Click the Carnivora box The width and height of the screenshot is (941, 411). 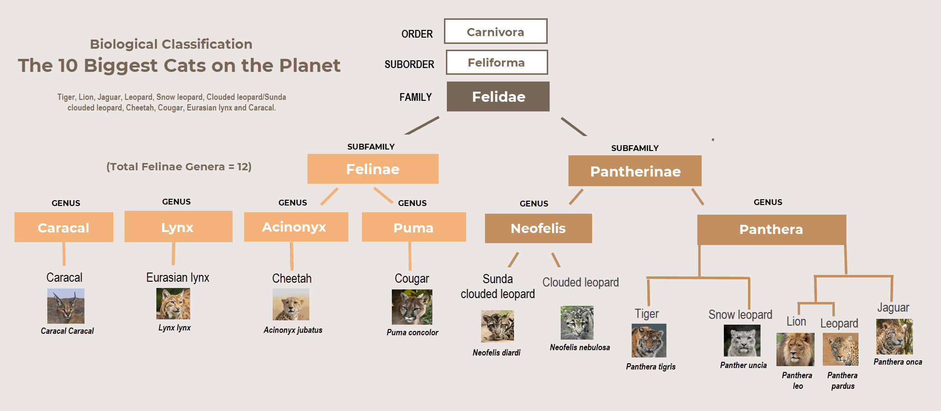pyautogui.click(x=496, y=32)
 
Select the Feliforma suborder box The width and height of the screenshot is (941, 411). pyautogui.click(x=497, y=63)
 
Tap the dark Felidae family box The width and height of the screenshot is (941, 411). pyautogui.click(x=498, y=96)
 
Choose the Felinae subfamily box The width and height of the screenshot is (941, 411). pyautogui.click(x=373, y=169)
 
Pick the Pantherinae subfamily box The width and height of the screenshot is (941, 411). pyautogui.click(x=635, y=171)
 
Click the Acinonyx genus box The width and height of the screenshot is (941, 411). pyautogui.click(x=296, y=227)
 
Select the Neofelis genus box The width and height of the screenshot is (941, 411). pyautogui.click(x=538, y=228)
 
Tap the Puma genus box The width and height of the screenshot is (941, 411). pyautogui.click(x=414, y=227)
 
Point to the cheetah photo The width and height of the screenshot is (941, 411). pyautogui.click(x=291, y=304)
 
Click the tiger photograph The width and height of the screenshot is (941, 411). pyautogui.click(x=649, y=341)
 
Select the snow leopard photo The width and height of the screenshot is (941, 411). pyautogui.click(x=742, y=340)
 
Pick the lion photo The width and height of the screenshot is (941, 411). pyautogui.click(x=795, y=349)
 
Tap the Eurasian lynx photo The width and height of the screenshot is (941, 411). pyautogui.click(x=173, y=303)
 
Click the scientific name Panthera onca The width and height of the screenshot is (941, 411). pyautogui.click(x=898, y=362)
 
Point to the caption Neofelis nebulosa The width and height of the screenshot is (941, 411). pyautogui.click(x=580, y=347)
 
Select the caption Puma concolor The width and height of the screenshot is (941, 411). pyautogui.click(x=412, y=332)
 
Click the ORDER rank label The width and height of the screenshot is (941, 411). pyautogui.click(x=417, y=34)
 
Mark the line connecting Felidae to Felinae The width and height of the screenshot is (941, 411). pyautogui.click(x=422, y=125)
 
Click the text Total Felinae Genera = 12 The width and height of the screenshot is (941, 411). pyautogui.click(x=179, y=167)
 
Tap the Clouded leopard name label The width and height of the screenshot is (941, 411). pyautogui.click(x=581, y=282)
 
